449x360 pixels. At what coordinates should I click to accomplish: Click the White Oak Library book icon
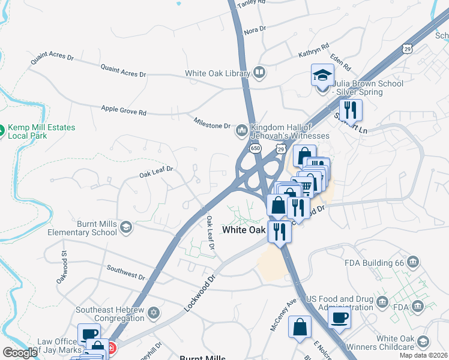click(259, 73)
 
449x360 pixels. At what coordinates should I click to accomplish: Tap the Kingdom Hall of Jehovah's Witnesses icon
click(242, 130)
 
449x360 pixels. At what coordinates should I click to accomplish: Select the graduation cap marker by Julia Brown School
click(322, 76)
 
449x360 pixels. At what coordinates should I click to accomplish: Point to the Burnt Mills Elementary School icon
click(125, 226)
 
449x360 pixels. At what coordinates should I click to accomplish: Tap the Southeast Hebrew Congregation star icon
click(154, 313)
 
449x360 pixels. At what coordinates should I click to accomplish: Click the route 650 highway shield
click(254, 148)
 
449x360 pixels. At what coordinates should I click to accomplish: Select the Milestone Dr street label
click(212, 124)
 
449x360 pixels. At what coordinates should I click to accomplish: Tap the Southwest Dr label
click(125, 272)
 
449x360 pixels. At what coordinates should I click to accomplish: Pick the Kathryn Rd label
click(314, 50)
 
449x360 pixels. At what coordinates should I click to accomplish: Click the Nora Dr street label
click(255, 29)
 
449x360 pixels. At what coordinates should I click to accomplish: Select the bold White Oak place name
click(244, 230)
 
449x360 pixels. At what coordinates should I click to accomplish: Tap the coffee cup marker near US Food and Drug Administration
click(340, 317)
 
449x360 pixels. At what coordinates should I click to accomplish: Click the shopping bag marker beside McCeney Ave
click(300, 328)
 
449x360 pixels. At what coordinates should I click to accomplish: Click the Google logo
click(20, 352)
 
